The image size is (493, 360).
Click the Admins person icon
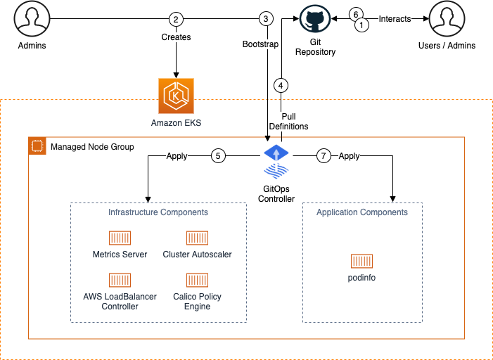[31, 20]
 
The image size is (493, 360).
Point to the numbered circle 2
[176, 19]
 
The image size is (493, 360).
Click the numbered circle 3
[265, 19]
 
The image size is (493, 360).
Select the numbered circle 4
[281, 86]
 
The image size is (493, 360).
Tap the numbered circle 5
[219, 156]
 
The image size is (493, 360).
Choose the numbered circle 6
[356, 15]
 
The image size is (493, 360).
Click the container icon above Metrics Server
[120, 238]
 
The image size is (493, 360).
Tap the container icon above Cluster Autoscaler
[197, 238]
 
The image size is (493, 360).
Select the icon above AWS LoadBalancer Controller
[120, 280]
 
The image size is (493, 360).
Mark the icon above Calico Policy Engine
[197, 280]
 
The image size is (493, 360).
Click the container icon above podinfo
[361, 262]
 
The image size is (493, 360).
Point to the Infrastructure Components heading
[158, 212]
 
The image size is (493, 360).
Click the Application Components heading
[361, 212]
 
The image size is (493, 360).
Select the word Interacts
[395, 19]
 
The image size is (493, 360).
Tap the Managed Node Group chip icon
[37, 146]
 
